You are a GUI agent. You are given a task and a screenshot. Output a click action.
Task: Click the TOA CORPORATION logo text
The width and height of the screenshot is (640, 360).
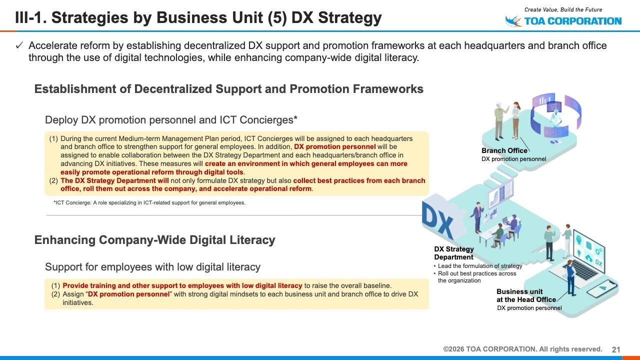(x=573, y=21)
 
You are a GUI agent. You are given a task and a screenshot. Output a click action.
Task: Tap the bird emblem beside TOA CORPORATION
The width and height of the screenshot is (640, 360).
(x=513, y=21)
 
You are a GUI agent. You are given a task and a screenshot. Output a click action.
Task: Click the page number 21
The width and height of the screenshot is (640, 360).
(x=616, y=349)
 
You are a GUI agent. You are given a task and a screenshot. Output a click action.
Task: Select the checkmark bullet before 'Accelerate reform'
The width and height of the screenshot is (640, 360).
(x=19, y=45)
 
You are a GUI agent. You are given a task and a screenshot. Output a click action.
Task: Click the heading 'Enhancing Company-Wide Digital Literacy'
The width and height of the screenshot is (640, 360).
(x=154, y=240)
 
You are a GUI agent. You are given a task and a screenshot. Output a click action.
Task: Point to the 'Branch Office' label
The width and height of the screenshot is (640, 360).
(x=504, y=150)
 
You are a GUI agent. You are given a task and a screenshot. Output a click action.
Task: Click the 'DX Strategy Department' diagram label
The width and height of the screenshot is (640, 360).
(x=454, y=253)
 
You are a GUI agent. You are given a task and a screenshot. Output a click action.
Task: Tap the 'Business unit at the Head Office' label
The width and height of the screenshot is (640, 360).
(x=526, y=295)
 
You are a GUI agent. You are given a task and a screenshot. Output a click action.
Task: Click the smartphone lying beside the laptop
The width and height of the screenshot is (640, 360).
(x=601, y=288)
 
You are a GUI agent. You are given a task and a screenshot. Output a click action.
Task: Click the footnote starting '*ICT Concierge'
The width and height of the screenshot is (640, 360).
(x=149, y=203)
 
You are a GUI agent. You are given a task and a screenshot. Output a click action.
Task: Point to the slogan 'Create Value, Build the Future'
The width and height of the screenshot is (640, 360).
(x=563, y=9)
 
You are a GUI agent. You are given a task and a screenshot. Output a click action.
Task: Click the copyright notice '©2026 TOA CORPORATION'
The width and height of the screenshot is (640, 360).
(x=522, y=349)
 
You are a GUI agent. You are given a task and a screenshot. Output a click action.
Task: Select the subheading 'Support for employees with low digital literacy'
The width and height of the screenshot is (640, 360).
(x=152, y=267)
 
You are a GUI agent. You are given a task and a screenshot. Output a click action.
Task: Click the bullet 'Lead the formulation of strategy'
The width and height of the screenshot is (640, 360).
(x=480, y=266)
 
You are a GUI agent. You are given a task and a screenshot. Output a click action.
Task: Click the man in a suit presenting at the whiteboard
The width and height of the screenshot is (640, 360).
(x=477, y=217)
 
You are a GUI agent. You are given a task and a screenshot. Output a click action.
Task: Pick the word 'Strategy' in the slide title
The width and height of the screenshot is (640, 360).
(x=349, y=17)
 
